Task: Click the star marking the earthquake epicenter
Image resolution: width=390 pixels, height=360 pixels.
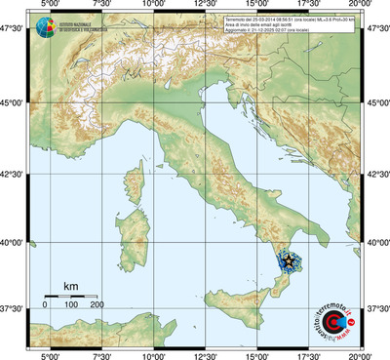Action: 288,260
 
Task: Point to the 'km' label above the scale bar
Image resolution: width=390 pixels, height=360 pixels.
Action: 71,286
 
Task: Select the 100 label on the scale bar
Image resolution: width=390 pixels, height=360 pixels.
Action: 71,305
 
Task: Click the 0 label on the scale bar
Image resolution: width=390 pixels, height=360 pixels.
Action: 45,305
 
